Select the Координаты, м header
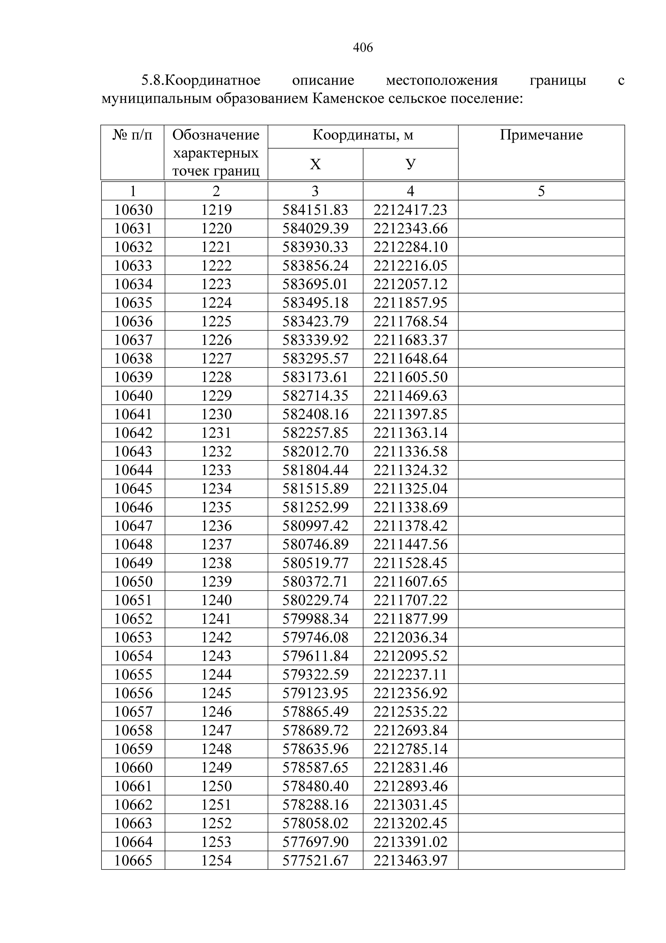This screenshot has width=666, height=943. [x=363, y=135]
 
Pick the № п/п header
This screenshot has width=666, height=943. [x=133, y=135]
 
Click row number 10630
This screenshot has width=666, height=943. [x=133, y=210]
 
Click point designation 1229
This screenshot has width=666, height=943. [x=216, y=396]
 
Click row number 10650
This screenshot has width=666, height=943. [x=133, y=581]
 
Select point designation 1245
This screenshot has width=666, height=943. [x=216, y=693]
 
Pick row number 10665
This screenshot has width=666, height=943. [x=133, y=860]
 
